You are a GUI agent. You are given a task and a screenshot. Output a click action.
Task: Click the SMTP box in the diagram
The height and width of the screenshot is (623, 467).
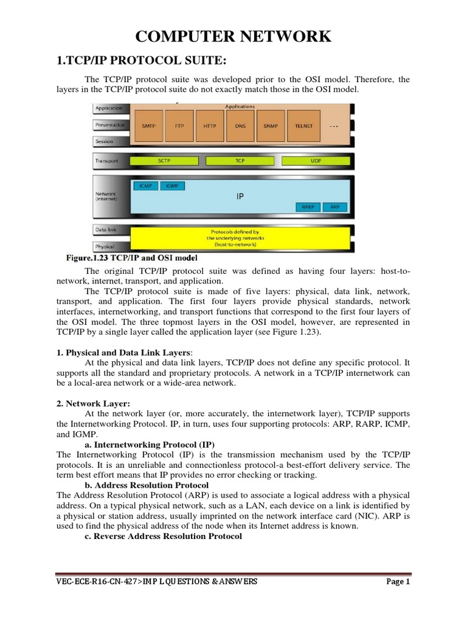[x=148, y=126]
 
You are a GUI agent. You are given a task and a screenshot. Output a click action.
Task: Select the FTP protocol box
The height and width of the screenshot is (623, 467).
[x=179, y=126]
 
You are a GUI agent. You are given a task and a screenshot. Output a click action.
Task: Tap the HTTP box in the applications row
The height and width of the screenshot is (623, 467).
[x=210, y=126]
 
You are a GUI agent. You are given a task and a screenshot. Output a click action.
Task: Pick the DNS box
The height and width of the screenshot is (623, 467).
[x=241, y=126]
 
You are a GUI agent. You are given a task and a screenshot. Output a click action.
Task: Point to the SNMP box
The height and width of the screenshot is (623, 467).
[x=271, y=126]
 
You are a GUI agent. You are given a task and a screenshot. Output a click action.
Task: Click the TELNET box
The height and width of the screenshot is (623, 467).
[x=303, y=126]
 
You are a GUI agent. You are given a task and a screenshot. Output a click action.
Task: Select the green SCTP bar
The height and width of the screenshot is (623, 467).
[x=164, y=161]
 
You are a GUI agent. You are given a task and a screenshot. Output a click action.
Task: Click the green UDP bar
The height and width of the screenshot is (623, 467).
[x=316, y=161]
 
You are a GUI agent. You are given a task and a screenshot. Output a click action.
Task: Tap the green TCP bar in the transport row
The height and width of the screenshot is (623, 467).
[x=240, y=161]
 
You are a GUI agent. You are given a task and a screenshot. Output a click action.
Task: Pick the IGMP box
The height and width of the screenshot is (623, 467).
[x=172, y=186]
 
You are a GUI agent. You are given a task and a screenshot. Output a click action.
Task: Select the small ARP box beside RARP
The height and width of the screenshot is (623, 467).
[x=335, y=207]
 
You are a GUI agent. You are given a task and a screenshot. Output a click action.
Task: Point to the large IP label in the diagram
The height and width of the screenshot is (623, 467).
[x=240, y=197]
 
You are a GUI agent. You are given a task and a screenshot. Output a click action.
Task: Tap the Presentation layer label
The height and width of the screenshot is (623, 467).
[x=109, y=125]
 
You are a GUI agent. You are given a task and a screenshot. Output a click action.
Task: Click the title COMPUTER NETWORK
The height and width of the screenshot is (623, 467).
[x=233, y=37]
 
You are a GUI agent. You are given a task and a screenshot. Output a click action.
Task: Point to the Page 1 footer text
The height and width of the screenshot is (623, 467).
[x=399, y=582]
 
